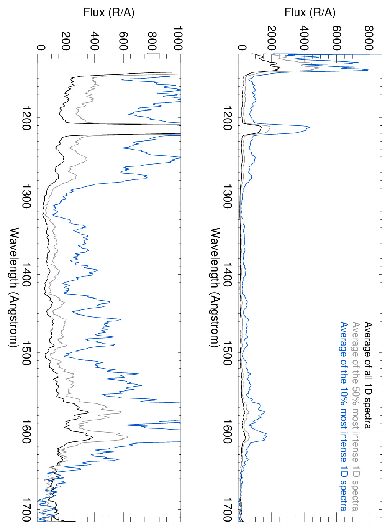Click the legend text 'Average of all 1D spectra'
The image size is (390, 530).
pos(368,375)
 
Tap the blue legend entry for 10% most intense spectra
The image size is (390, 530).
pos(344,416)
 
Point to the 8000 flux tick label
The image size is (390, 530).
pos(369,38)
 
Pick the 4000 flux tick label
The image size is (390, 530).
pos(304,38)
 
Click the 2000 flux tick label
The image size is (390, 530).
pos(272,38)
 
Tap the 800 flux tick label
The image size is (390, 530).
pos(152,41)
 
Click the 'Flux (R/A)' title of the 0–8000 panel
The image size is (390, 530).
pos(310,13)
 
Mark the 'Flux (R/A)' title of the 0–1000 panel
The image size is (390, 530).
pos(109,13)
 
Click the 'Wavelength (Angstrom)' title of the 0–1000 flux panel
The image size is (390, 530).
pos(14,288)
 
